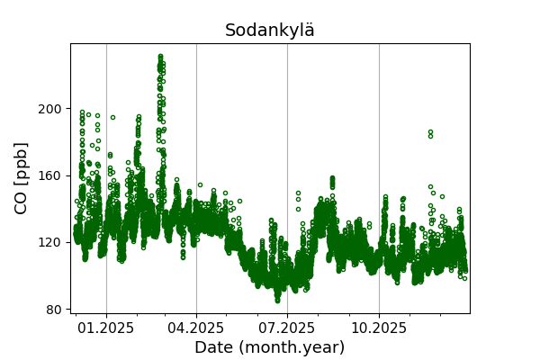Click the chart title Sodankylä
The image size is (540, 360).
coord(270,31)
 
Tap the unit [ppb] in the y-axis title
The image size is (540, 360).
coord(22,163)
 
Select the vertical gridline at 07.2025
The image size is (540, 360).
coord(287,135)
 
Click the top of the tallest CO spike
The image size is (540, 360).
coord(160,57)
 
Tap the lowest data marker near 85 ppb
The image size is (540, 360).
coord(278,300)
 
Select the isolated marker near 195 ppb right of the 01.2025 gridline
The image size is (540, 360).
coord(112,117)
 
